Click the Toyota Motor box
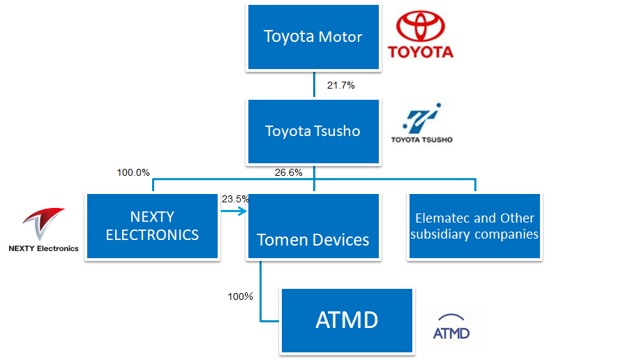(313, 37)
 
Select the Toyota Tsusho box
(313, 131)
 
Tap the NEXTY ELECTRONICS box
(152, 226)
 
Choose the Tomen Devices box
(313, 227)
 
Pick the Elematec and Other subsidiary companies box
(475, 226)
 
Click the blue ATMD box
(347, 321)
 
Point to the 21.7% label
(341, 85)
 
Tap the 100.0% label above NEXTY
(133, 172)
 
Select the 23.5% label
(235, 199)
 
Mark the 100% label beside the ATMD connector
(240, 297)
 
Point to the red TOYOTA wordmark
(420, 52)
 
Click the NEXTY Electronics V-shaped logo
(43, 223)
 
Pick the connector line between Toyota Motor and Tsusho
(313, 84)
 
